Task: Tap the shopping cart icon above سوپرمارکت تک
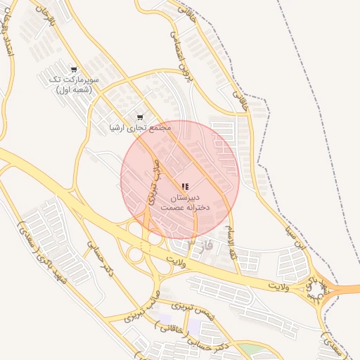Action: pyautogui.click(x=74, y=70)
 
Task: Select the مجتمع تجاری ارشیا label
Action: pyautogui.click(x=141, y=128)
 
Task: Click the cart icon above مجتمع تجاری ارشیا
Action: pyautogui.click(x=139, y=117)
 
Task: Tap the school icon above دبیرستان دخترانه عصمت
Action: pyautogui.click(x=185, y=187)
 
